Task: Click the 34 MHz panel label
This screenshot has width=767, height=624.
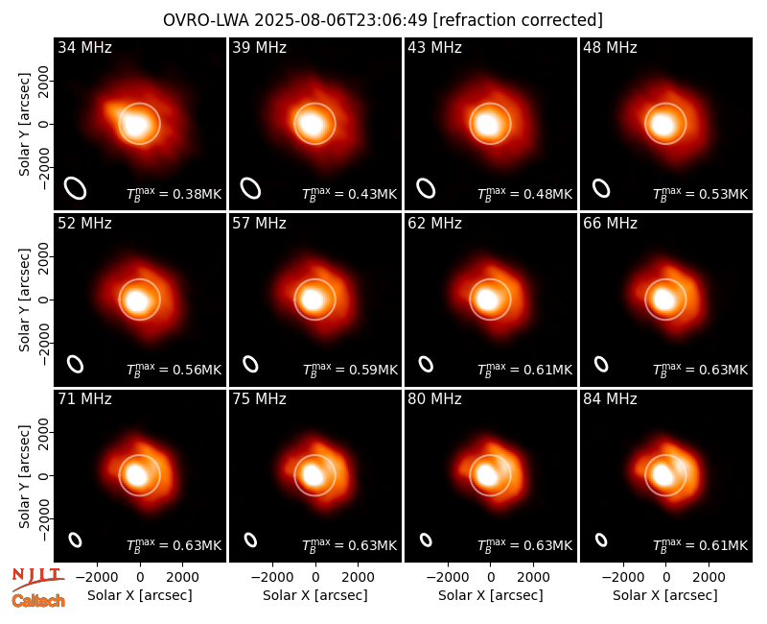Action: [x=84, y=47]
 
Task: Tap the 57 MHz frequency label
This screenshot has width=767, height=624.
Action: [x=259, y=224]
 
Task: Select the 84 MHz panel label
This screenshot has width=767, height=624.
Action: [x=610, y=399]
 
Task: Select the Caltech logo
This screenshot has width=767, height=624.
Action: [x=38, y=601]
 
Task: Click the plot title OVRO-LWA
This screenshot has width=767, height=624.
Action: [x=206, y=20]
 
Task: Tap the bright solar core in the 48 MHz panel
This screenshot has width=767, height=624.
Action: [x=662, y=124]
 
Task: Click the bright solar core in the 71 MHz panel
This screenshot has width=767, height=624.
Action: [x=136, y=474]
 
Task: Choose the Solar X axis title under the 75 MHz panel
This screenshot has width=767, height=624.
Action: [x=315, y=595]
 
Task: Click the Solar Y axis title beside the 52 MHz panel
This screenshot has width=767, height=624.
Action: [x=24, y=300]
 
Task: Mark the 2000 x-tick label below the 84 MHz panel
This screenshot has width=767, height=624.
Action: [x=709, y=577]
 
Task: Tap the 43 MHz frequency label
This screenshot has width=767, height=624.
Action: [x=434, y=47]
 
